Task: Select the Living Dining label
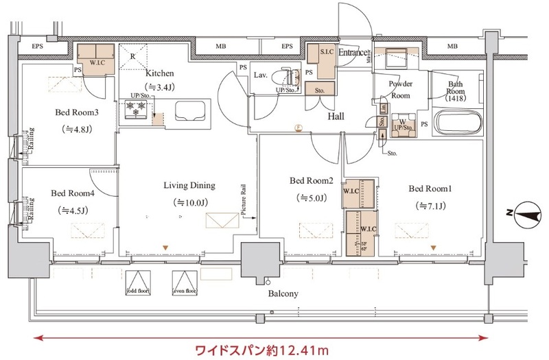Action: [189, 185]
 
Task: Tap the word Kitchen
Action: [159, 73]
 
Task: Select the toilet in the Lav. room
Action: [287, 77]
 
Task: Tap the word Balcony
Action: [283, 294]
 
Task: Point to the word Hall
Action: [336, 117]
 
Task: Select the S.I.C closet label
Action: [319, 52]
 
